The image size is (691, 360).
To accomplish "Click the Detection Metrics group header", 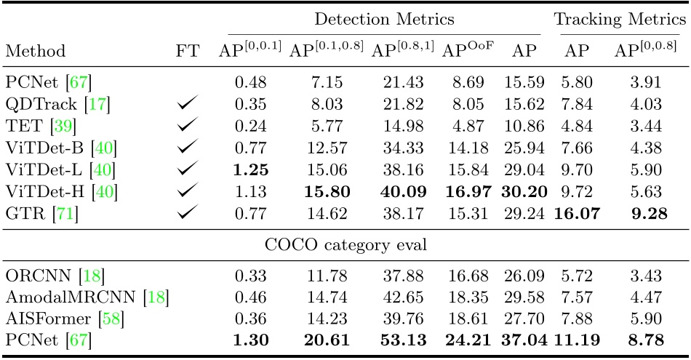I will point(384,20).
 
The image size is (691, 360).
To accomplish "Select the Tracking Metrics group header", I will point(618,20).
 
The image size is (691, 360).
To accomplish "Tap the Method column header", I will point(35,52).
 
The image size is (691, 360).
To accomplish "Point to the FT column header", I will point(187,52).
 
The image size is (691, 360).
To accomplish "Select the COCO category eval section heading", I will point(345,245).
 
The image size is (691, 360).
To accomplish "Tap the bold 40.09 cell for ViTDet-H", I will point(401,193).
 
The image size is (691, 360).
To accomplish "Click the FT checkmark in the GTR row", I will point(187,215).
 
